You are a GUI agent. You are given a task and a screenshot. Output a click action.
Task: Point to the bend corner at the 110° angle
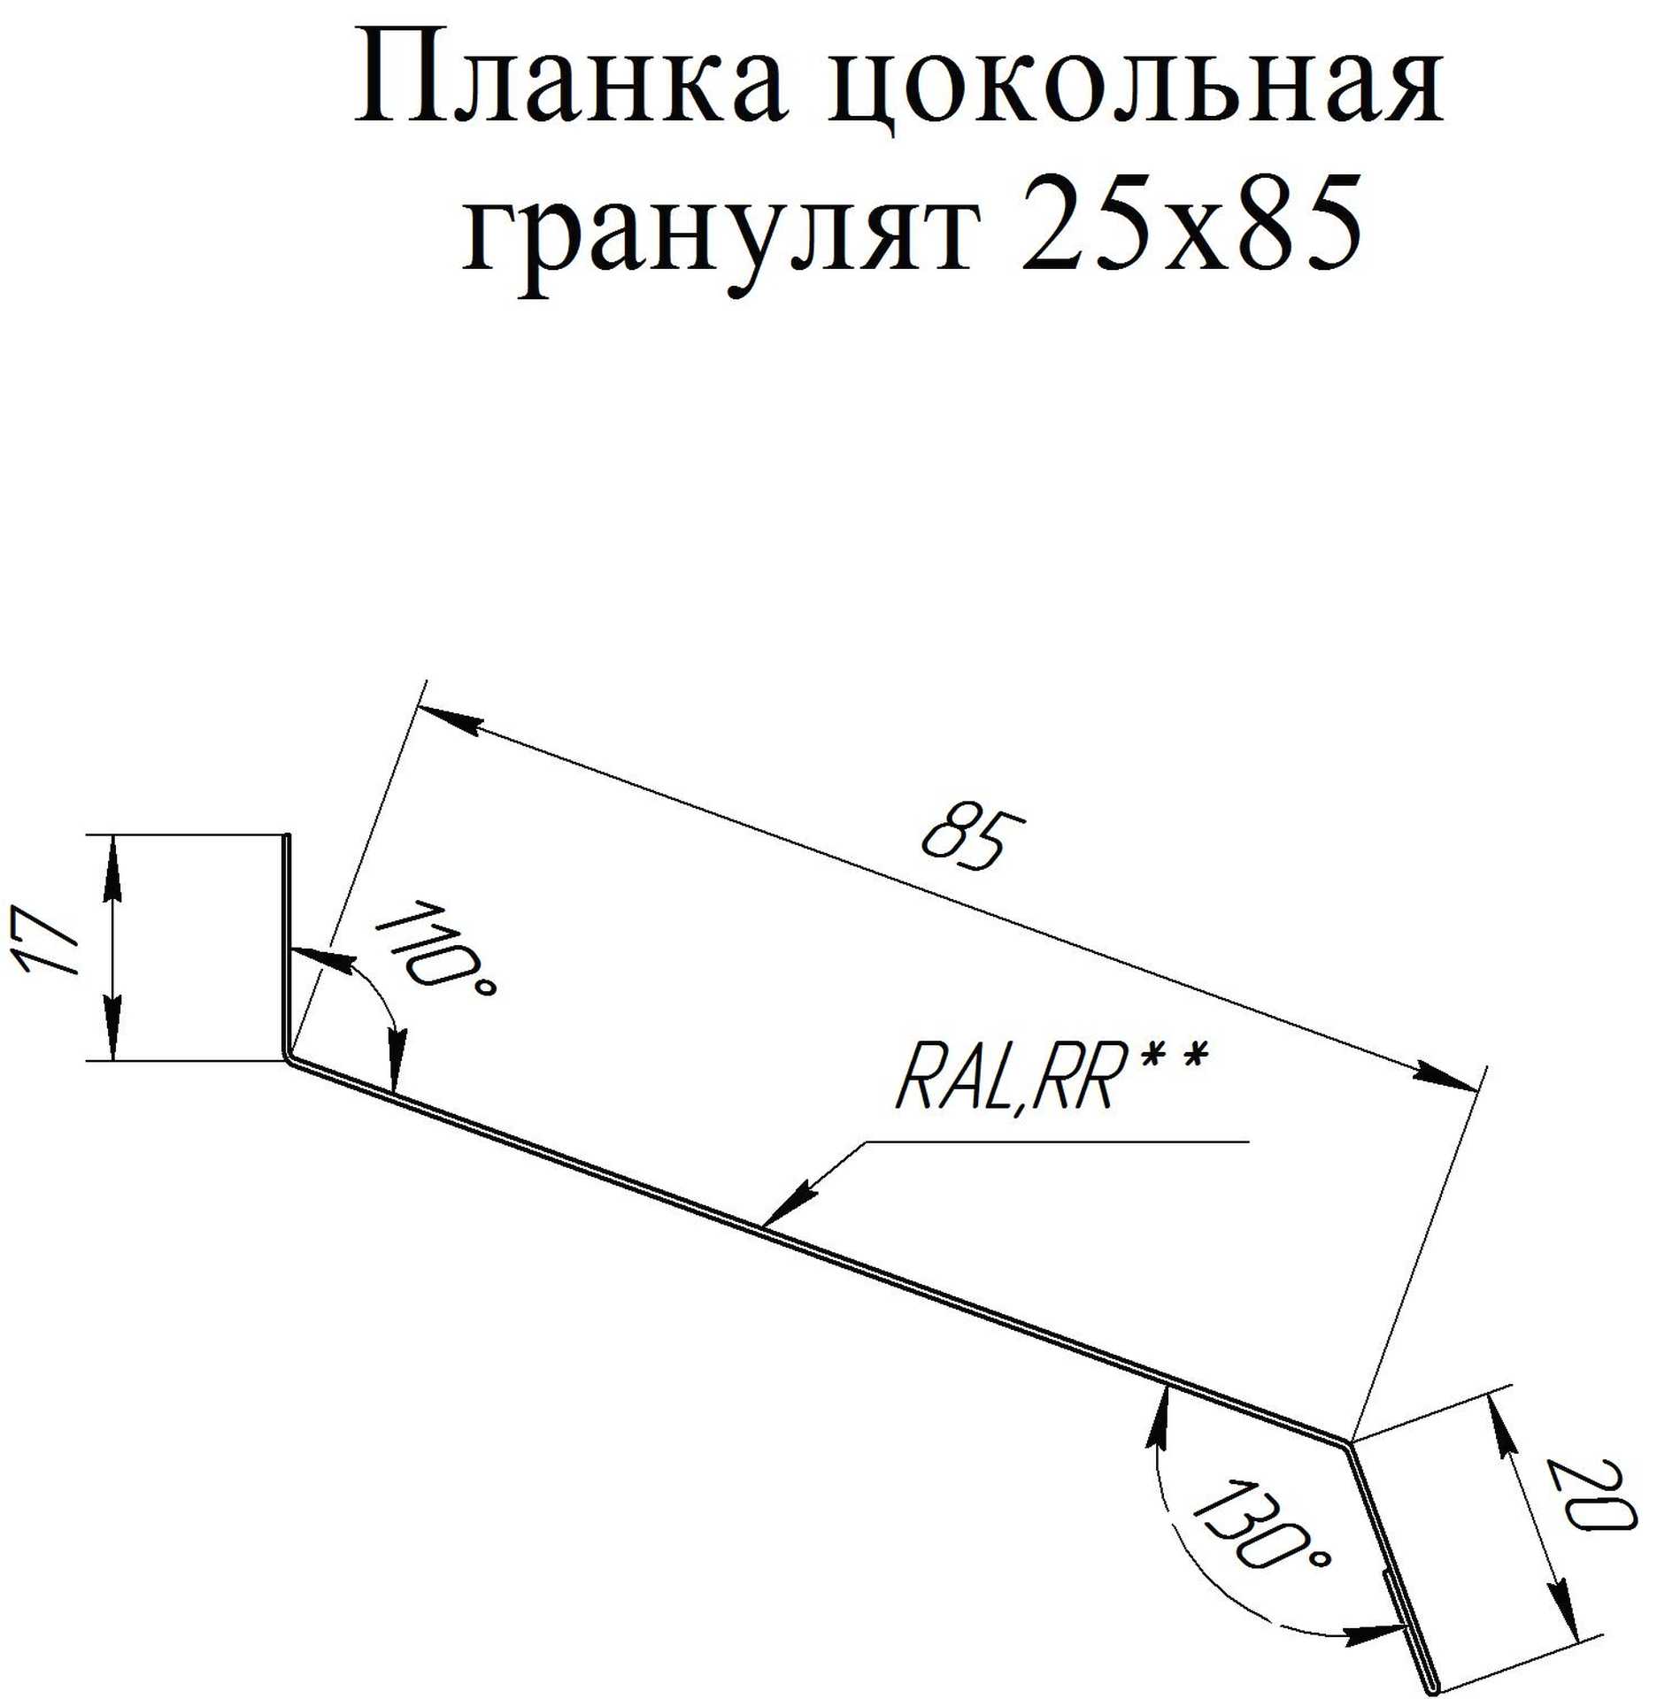click(289, 1057)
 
